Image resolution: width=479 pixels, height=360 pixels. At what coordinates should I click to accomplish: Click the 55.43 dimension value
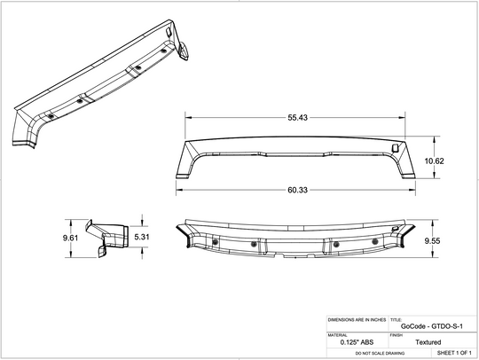[x=297, y=118]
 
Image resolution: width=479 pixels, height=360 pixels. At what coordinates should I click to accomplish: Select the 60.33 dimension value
[x=297, y=190]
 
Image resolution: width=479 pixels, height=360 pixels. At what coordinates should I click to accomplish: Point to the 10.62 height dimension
[x=434, y=160]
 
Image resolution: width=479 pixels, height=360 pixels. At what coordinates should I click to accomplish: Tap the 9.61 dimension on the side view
[x=70, y=238]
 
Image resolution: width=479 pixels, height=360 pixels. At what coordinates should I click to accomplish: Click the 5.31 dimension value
[x=142, y=237]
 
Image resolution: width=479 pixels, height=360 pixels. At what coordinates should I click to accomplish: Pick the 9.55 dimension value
[x=432, y=241]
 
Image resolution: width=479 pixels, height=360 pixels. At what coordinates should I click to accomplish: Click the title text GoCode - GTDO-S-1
[x=432, y=326]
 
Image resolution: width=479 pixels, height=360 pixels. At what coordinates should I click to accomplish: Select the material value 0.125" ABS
[x=357, y=342]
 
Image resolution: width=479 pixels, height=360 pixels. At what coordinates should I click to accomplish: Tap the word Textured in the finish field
[x=428, y=342]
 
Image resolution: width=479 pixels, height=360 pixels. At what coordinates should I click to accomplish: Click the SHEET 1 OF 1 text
[x=454, y=353]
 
